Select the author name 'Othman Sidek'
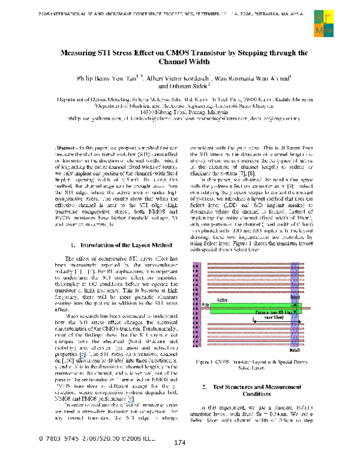[x=187, y=86]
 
